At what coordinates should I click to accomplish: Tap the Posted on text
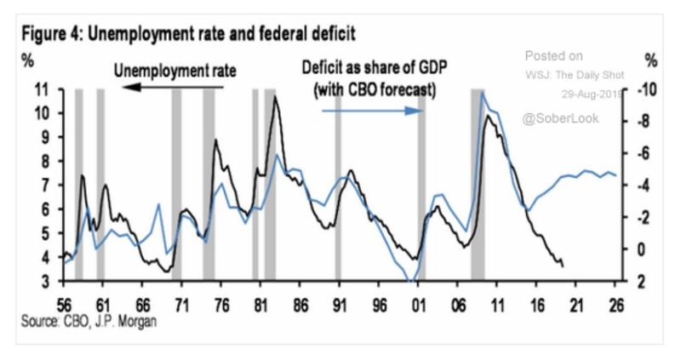[554, 55]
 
